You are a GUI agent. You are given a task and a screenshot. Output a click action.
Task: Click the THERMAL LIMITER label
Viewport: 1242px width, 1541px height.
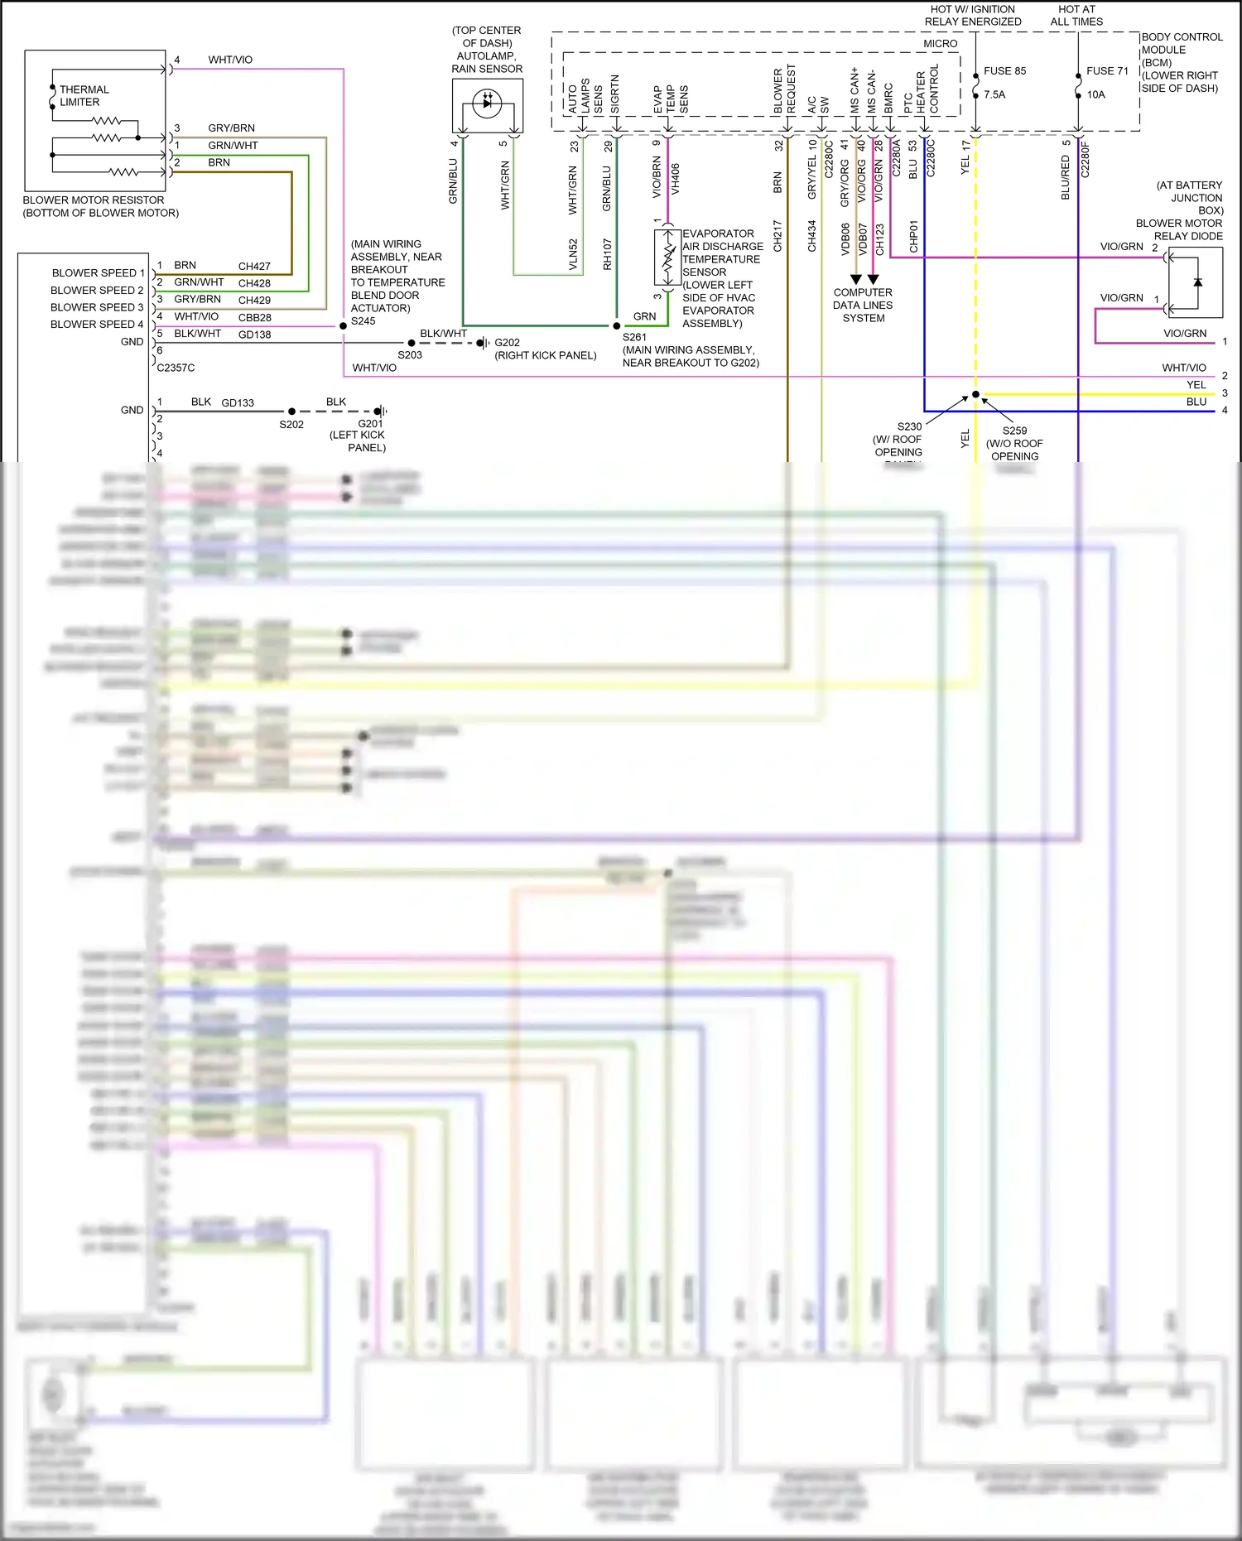pyautogui.click(x=83, y=95)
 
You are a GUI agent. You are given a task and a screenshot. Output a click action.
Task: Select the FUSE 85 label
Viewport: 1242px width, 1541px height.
pyautogui.click(x=1004, y=71)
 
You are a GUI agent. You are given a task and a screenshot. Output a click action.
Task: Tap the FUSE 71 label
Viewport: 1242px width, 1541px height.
pyautogui.click(x=1107, y=71)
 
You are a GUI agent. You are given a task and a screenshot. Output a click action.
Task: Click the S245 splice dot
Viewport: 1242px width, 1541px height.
pyautogui.click(x=343, y=326)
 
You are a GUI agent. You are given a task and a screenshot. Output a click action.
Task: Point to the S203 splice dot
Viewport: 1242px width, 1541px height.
pyautogui.click(x=412, y=343)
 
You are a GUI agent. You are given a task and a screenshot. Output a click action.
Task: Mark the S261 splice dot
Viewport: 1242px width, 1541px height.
pyautogui.click(x=617, y=326)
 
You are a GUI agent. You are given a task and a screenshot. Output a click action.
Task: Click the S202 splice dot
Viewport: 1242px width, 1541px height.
pyautogui.click(x=291, y=412)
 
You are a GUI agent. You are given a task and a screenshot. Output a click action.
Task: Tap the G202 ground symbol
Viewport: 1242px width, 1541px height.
pyautogui.click(x=483, y=343)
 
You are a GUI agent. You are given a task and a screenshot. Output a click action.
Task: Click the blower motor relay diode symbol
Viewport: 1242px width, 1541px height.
pyautogui.click(x=1197, y=282)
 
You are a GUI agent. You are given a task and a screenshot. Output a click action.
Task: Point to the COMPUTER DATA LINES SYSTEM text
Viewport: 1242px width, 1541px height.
pyautogui.click(x=863, y=306)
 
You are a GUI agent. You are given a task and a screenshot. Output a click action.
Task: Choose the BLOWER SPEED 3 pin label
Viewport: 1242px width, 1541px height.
pyautogui.click(x=97, y=307)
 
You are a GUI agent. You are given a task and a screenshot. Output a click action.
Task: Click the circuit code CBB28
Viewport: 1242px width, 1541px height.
pyautogui.click(x=255, y=318)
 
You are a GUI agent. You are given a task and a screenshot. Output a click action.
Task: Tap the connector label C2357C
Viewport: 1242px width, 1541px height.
pyautogui.click(x=176, y=368)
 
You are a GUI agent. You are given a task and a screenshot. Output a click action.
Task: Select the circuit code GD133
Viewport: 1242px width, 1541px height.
pyautogui.click(x=238, y=403)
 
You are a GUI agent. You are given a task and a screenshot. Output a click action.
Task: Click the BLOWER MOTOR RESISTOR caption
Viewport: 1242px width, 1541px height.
pyautogui.click(x=100, y=206)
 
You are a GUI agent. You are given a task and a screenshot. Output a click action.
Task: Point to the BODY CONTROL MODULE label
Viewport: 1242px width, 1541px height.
pyautogui.click(x=1182, y=62)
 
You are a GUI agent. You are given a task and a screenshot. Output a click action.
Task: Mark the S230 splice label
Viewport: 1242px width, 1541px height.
pyautogui.click(x=909, y=427)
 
